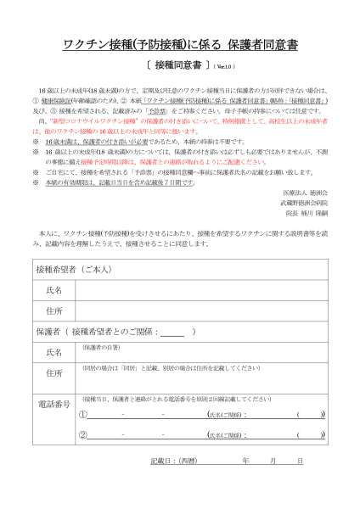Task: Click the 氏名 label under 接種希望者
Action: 54,290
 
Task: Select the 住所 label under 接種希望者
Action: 54,310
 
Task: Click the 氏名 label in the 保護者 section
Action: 54,352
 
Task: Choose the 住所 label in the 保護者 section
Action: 54,373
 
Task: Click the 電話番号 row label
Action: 54,404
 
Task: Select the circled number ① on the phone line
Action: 83,414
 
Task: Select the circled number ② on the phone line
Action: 83,434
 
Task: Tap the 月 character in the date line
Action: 273,461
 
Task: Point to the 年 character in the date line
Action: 245,461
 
